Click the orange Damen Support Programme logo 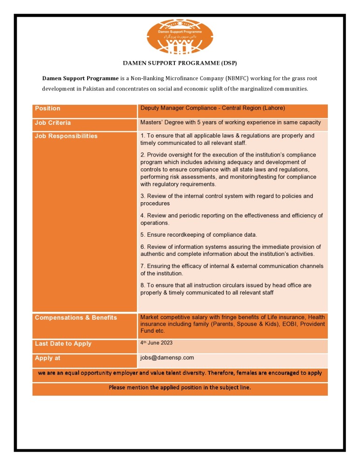(x=180, y=37)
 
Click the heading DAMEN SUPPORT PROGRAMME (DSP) (x=180, y=62)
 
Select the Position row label (x=48, y=109)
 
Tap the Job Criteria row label (x=53, y=123)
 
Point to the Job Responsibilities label (x=66, y=137)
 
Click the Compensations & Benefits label (x=76, y=318)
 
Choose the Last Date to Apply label (x=63, y=344)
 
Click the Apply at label (x=48, y=358)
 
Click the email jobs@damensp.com (x=167, y=358)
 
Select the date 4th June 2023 (x=157, y=343)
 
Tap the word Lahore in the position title (x=274, y=108)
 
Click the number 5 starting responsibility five (x=142, y=235)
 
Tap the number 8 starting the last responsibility (x=142, y=285)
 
